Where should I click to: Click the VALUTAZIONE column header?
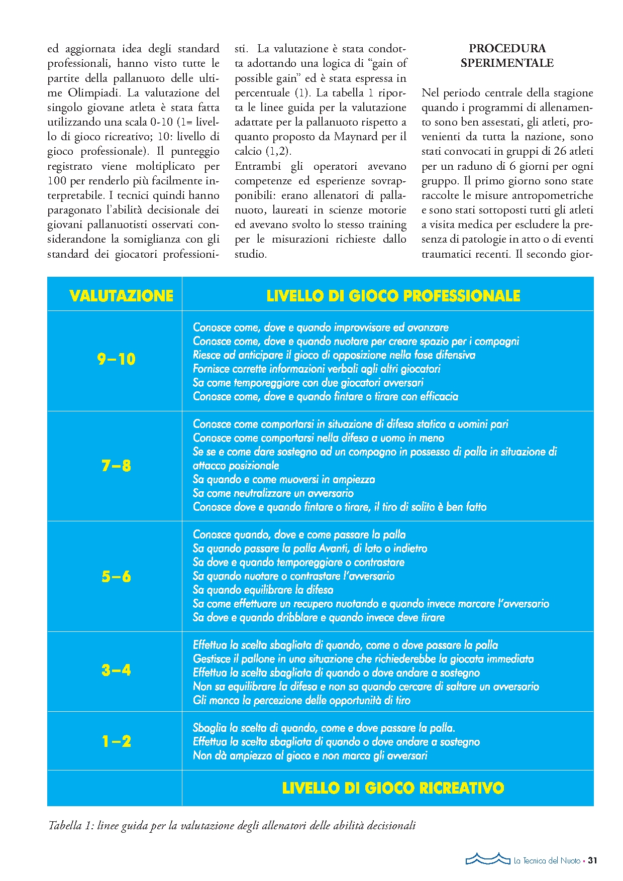click(121, 295)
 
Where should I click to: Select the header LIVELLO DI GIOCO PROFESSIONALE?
click(393, 295)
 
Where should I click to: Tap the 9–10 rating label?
click(116, 359)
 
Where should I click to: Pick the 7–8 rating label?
click(116, 466)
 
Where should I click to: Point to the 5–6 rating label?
click(116, 576)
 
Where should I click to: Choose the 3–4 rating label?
click(116, 670)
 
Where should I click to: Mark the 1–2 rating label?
click(116, 741)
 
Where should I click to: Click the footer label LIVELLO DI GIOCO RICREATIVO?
click(393, 788)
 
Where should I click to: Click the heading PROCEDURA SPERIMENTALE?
click(507, 56)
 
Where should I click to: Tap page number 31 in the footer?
click(592, 860)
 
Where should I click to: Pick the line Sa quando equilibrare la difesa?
click(263, 590)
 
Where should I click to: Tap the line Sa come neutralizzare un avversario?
click(273, 493)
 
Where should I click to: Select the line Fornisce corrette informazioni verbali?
click(317, 369)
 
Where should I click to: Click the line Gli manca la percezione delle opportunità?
click(301, 700)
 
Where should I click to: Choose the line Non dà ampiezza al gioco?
click(310, 755)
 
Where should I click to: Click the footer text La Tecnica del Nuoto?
click(547, 861)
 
